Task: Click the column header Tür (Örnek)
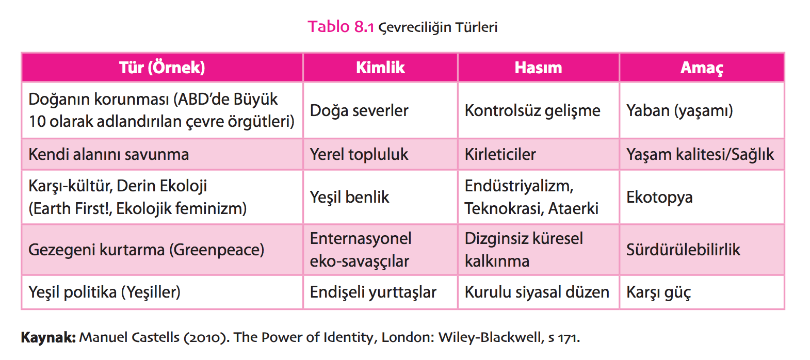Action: (162, 68)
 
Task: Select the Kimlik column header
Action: (380, 68)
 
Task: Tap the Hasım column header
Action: (539, 68)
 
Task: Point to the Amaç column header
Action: (702, 68)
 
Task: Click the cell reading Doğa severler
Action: (359, 110)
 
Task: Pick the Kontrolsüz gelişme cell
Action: (532, 110)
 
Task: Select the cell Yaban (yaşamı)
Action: (679, 110)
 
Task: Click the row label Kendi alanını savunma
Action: (108, 154)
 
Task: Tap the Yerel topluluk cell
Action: (359, 154)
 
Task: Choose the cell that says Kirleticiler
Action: (500, 154)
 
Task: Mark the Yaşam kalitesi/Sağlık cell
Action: (700, 154)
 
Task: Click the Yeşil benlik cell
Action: (349, 198)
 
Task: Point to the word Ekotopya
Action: (659, 198)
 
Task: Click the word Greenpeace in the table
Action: (217, 250)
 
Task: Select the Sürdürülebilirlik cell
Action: (683, 250)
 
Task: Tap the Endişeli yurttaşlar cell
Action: (373, 292)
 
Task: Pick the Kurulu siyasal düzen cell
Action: (537, 292)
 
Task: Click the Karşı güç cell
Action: (658, 292)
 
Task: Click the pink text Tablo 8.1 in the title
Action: (341, 27)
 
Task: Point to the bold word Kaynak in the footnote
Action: (48, 338)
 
